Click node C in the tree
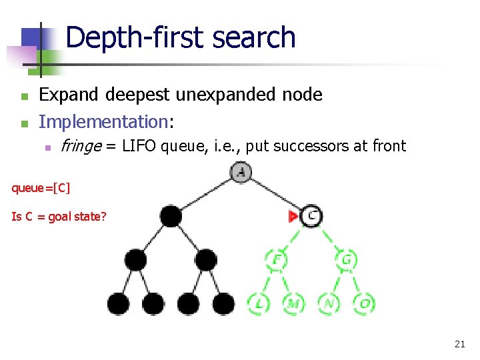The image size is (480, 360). tap(311, 215)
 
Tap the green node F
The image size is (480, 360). tap(275, 259)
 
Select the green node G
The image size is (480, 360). tap(347, 259)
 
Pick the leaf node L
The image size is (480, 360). tap(258, 303)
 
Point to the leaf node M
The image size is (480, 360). tap(293, 303)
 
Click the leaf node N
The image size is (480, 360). tap(329, 303)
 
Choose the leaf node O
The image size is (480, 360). tap(364, 303)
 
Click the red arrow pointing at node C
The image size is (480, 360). tap(292, 216)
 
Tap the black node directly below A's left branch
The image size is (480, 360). tap(171, 216)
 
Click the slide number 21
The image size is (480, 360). tap(459, 344)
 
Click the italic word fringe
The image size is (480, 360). tap(79, 146)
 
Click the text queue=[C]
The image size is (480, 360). tap(40, 187)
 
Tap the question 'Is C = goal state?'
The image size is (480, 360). tap(59, 216)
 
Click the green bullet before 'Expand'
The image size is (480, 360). tap(24, 96)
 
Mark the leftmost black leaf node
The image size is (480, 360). tap(118, 303)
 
